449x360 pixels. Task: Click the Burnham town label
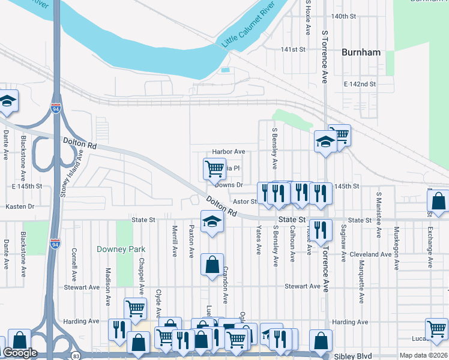coord(361,52)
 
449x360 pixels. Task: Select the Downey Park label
coord(121,249)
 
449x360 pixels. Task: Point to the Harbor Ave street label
coord(229,152)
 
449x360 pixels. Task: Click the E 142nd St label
coord(360,85)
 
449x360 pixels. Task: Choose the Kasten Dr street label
coord(20,206)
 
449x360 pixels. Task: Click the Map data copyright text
coord(423,355)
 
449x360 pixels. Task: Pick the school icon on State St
coord(211,223)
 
